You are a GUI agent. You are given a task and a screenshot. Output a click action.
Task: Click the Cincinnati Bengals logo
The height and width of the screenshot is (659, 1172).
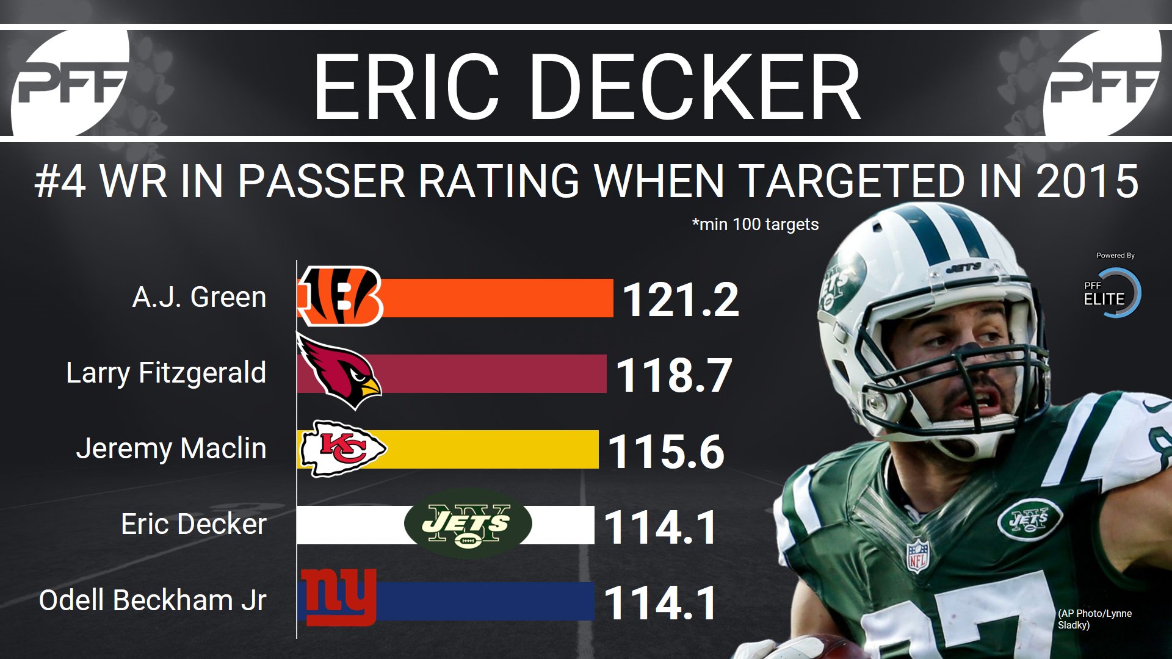[340, 297]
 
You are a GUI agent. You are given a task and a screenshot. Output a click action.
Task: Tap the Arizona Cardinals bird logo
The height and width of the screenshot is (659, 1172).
[338, 372]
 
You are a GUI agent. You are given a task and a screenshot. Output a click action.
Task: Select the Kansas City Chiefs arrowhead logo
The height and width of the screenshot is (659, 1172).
[342, 449]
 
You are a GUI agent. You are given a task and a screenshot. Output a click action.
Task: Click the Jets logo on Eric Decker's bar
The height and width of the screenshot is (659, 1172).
[468, 524]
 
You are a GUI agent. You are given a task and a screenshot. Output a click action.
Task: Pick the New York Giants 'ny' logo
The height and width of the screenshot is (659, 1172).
[337, 598]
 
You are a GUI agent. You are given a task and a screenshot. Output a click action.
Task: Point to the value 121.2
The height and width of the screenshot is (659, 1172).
[680, 300]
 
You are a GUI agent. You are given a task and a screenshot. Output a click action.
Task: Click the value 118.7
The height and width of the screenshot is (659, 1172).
[673, 375]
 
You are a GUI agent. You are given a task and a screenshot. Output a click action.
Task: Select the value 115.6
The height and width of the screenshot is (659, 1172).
[666, 451]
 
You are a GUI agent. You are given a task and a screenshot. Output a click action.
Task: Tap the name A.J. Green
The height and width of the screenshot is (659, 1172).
[199, 298]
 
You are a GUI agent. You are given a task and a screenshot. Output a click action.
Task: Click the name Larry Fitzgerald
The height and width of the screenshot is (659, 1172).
[166, 373]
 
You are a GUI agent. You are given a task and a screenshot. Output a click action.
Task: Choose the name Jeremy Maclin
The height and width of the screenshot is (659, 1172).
[171, 448]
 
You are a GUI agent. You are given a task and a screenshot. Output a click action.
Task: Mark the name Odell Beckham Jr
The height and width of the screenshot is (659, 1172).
[153, 600]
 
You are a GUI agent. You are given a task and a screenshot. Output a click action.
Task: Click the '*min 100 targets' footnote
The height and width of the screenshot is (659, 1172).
[755, 225]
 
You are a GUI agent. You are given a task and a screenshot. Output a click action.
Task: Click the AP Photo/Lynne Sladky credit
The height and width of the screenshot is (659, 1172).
[1094, 619]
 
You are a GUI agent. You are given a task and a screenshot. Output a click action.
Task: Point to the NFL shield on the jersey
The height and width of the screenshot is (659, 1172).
[917, 555]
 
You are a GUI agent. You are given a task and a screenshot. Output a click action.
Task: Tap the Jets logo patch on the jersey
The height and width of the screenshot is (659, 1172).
[1029, 519]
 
